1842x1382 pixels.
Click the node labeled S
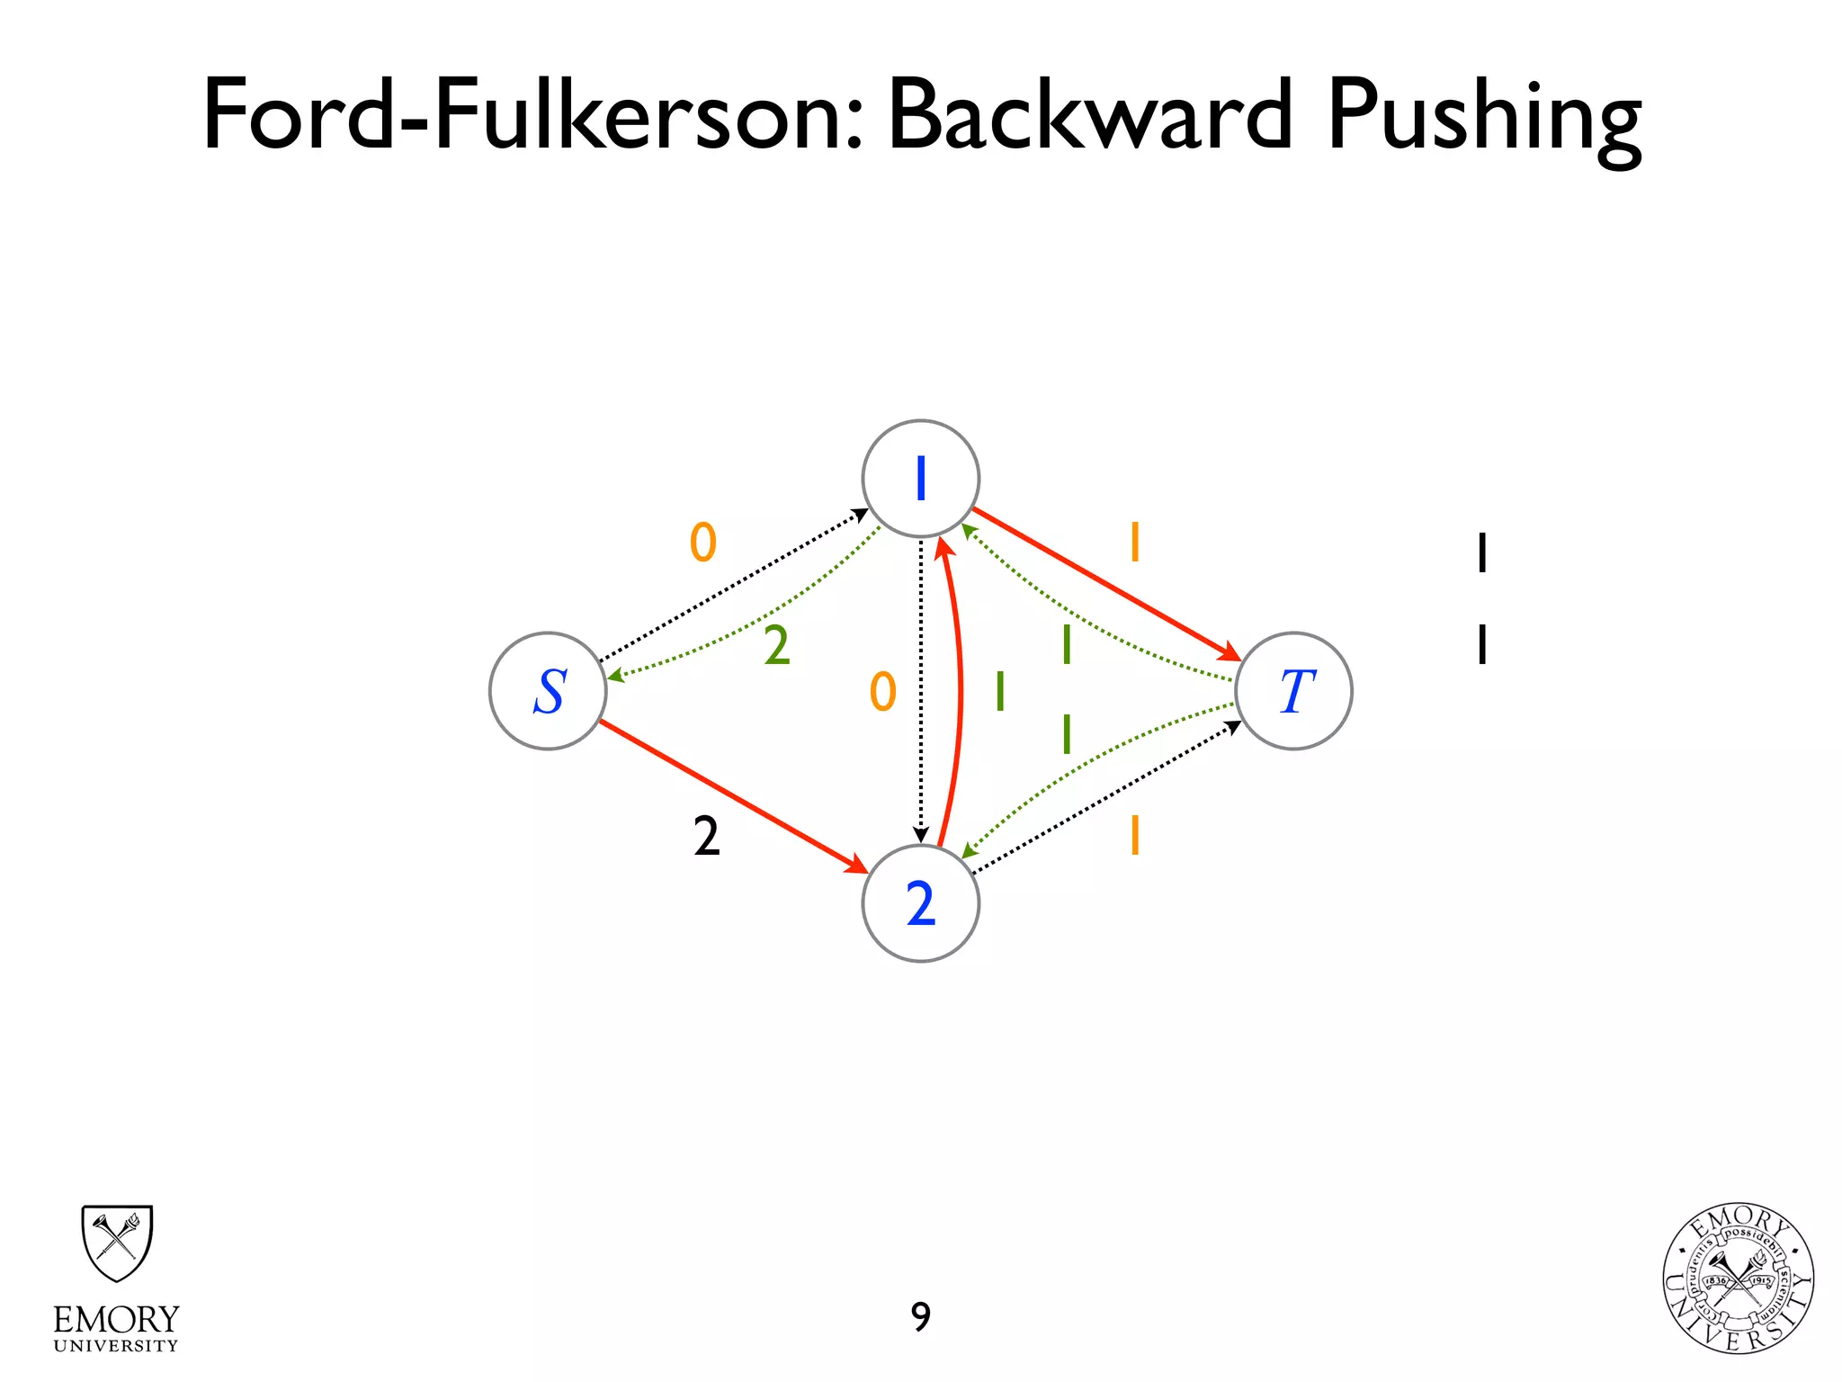pos(548,691)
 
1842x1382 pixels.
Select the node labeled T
pos(1293,691)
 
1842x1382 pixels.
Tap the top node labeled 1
pos(920,479)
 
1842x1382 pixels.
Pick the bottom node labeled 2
pos(920,903)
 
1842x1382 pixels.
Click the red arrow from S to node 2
pos(733,796)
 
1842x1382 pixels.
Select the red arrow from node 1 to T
pos(1106,585)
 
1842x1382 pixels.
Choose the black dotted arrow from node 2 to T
pos(1106,798)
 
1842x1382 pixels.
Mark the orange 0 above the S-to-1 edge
pos(703,543)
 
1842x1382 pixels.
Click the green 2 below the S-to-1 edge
pos(777,646)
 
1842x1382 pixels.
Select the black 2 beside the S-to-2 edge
pos(707,837)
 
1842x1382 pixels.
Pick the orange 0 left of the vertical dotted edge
pos(883,692)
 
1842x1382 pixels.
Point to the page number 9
pos(920,1317)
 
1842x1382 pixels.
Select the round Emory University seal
pos(1738,1278)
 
